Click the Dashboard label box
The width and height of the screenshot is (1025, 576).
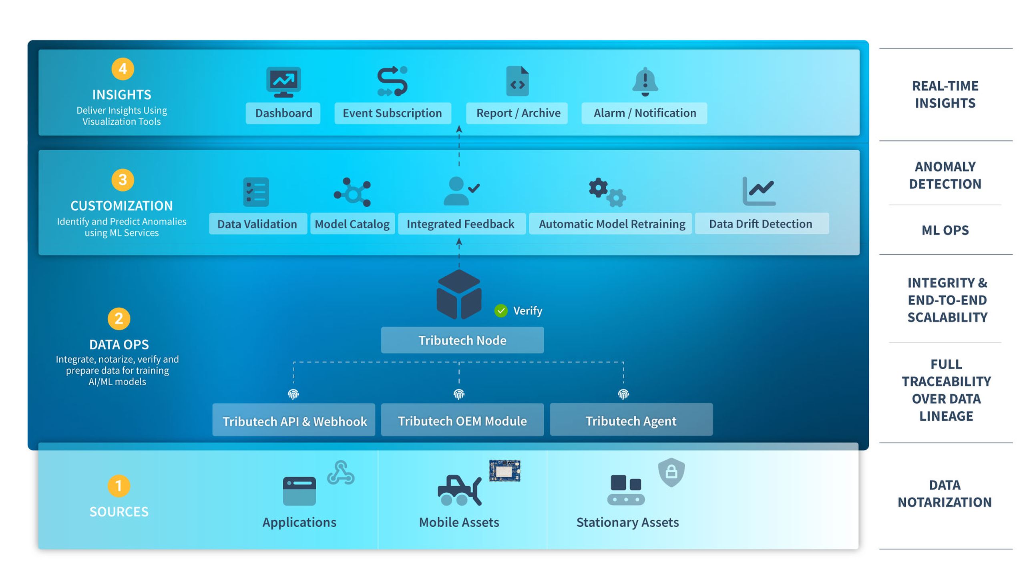(x=283, y=113)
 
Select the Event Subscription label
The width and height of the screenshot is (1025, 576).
(x=392, y=113)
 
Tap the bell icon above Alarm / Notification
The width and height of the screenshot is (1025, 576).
(x=645, y=82)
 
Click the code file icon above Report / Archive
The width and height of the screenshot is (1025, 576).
(x=517, y=81)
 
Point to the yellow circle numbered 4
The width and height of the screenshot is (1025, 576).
(x=123, y=69)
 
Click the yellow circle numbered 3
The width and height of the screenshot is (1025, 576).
(x=123, y=180)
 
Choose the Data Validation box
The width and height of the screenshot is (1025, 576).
(x=258, y=224)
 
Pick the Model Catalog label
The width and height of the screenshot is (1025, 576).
(x=352, y=224)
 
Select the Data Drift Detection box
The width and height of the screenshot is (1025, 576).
(x=762, y=224)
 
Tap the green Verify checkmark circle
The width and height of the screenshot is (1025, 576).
(x=501, y=311)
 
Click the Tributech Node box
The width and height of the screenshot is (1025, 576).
(x=462, y=340)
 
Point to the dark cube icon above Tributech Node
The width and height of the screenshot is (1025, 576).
(x=459, y=294)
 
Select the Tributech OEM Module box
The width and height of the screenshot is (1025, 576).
(x=462, y=420)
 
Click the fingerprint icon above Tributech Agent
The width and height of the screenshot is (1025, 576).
(x=623, y=394)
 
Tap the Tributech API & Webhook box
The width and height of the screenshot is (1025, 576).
(x=294, y=420)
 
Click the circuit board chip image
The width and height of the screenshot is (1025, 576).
(x=504, y=470)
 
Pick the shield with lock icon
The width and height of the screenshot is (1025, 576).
(x=671, y=472)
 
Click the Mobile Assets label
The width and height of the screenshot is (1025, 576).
(x=459, y=522)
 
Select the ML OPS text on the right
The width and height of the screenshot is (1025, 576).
(x=945, y=230)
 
